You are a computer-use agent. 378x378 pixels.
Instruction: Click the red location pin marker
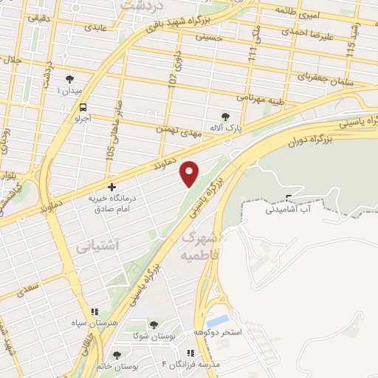click(190, 173)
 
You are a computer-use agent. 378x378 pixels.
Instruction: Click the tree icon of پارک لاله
click(225, 116)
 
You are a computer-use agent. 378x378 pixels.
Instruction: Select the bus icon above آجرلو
click(83, 106)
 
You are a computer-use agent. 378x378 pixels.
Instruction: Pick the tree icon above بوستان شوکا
click(154, 324)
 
